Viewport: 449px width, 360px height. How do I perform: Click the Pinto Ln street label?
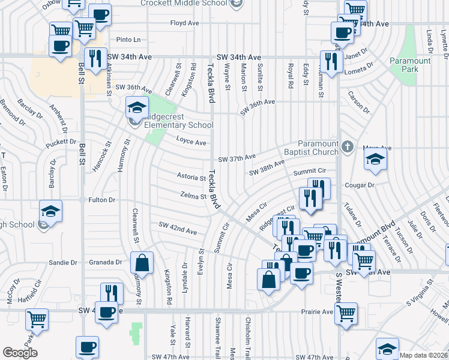coord(128,40)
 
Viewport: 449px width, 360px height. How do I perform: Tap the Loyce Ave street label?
coord(191,142)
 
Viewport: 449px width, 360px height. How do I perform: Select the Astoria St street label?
coord(191,177)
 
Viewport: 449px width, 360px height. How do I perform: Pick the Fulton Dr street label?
coord(101,199)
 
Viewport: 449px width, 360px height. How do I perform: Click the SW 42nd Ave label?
coord(178,229)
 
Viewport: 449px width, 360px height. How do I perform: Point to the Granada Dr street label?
coord(106,262)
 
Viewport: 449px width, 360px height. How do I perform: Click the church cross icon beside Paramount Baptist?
coord(346,146)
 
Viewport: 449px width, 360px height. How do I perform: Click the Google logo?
coord(20,353)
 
